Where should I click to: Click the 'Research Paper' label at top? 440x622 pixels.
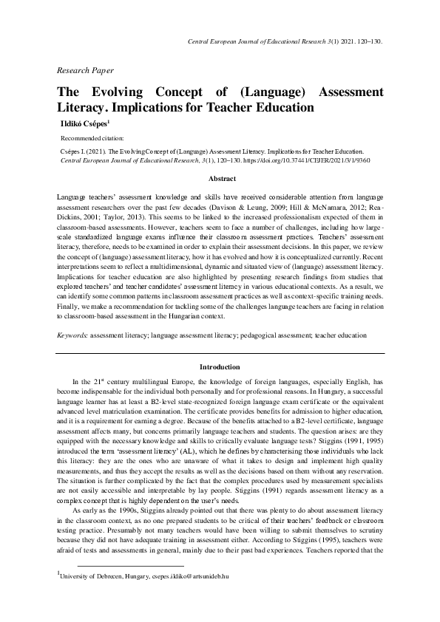(85, 70)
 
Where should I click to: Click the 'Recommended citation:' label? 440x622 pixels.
(92, 138)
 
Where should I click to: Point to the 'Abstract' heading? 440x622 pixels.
(223, 179)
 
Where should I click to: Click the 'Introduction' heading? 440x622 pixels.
(220, 367)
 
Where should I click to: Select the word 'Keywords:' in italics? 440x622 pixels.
(72, 335)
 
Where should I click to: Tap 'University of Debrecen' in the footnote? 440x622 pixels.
(92, 595)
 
